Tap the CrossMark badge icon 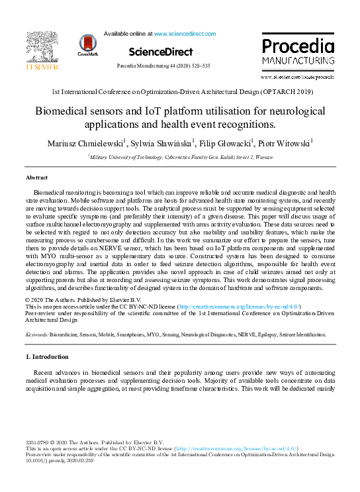point(87,44)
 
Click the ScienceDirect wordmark point(160,52)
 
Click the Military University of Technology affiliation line point(180,157)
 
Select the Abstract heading point(36,178)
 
